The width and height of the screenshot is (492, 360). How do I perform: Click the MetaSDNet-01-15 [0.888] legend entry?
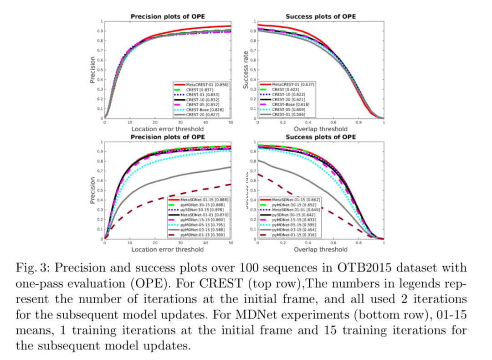coord(204,200)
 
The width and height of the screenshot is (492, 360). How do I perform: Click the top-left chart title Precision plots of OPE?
coord(168,17)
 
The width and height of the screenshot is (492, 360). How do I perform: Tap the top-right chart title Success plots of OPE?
coord(321,17)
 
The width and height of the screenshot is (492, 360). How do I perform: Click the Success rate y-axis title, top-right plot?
coord(246,70)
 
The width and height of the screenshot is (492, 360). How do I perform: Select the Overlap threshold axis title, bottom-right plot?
coord(321,249)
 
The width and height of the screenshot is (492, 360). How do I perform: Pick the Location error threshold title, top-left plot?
coord(168,129)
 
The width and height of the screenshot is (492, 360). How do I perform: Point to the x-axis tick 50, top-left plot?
coord(231,123)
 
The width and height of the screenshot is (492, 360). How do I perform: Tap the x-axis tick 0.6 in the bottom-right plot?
coord(333,243)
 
